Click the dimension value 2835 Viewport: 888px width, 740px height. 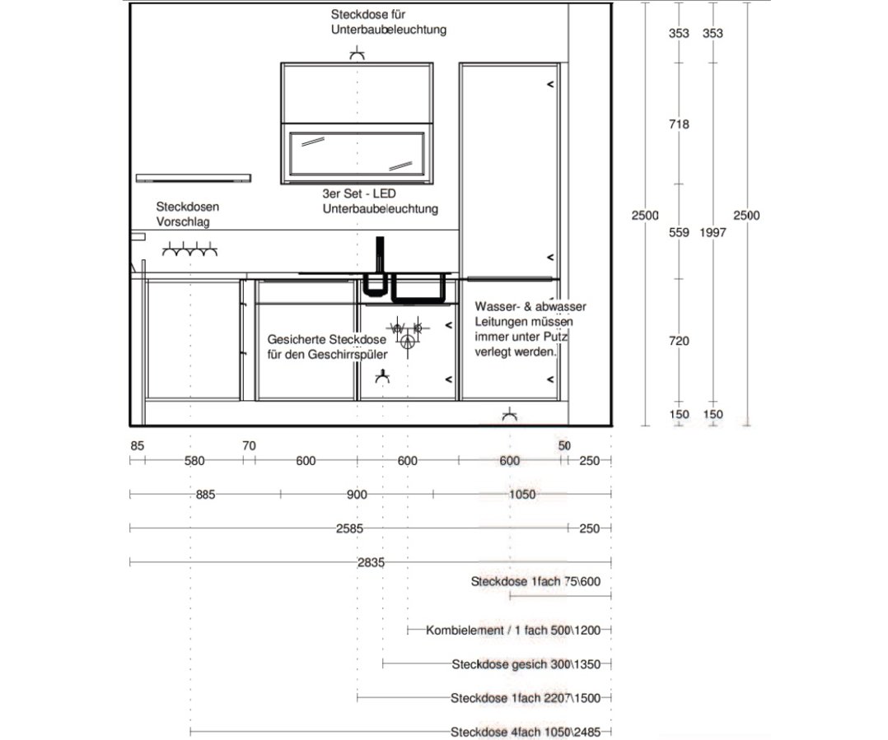(372, 562)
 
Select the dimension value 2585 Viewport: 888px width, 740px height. (350, 528)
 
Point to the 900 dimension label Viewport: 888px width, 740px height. (357, 495)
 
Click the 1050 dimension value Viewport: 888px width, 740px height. (522, 495)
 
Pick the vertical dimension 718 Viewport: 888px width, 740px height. (679, 125)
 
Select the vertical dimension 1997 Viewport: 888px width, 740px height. (713, 233)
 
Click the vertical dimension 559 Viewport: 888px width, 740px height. (679, 233)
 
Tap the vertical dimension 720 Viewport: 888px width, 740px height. (679, 341)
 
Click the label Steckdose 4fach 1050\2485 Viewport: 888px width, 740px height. (530, 732)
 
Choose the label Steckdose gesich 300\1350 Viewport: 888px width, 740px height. (531, 664)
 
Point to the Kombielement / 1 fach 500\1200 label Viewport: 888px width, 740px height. (519, 631)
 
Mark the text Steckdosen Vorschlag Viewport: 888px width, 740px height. (188, 215)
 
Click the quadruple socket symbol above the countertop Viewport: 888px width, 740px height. (190, 249)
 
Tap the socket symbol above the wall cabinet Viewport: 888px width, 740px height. (357, 54)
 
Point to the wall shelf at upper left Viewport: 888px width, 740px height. (193, 177)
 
